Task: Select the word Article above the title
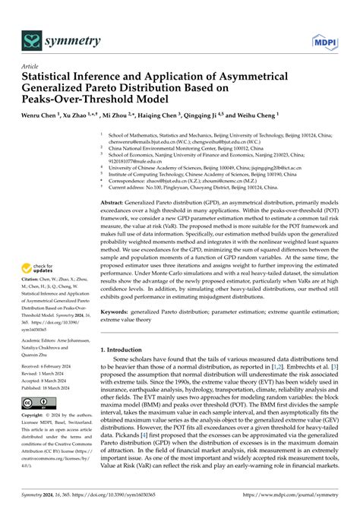pos(30,65)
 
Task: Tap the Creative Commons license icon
pos(37,400)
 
